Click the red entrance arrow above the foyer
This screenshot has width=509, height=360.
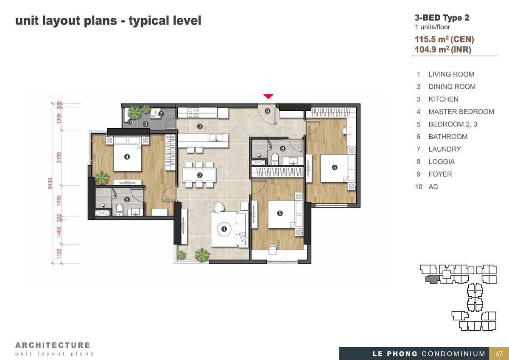click(268, 96)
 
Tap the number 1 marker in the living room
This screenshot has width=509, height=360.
click(224, 229)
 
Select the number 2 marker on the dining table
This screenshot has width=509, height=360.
click(200, 175)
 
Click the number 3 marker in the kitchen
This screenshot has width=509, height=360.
click(200, 126)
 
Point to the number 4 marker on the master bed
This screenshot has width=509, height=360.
click(127, 157)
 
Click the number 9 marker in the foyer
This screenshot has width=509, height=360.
click(268, 111)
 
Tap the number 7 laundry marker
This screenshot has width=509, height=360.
click(161, 113)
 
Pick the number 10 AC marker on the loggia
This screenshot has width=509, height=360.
click(130, 122)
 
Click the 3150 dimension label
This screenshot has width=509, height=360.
click(59, 157)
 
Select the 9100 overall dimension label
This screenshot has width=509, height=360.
click(50, 183)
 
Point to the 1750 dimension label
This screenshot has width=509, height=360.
click(59, 200)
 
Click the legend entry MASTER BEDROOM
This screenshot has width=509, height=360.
click(461, 112)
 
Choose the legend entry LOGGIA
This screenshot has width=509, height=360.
click(442, 162)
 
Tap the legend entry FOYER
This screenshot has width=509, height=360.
click(440, 174)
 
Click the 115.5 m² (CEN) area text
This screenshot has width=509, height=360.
click(445, 39)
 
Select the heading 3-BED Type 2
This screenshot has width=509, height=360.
click(442, 18)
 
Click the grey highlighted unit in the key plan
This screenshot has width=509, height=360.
click(432, 279)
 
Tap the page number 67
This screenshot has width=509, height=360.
click(499, 354)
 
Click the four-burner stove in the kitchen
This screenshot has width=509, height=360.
click(193, 112)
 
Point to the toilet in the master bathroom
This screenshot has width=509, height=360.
click(119, 209)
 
